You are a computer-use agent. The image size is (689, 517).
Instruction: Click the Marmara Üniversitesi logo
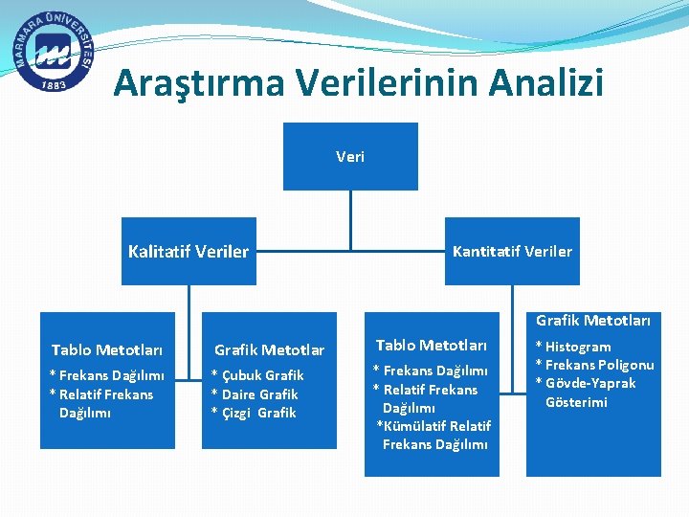click(x=55, y=54)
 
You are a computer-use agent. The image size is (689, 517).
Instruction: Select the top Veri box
click(x=350, y=156)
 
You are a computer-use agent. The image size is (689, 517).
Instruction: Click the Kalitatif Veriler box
click(x=189, y=252)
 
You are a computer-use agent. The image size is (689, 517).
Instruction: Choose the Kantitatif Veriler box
click(x=512, y=251)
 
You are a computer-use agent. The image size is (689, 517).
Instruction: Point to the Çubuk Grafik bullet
click(x=258, y=375)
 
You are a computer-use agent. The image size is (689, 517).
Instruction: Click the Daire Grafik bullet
click(x=256, y=394)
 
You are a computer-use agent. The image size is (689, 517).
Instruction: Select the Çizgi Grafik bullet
click(x=255, y=413)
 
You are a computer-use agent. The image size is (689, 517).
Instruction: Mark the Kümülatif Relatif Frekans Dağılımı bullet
click(x=434, y=435)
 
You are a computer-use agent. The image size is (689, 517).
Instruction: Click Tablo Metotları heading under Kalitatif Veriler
click(x=107, y=350)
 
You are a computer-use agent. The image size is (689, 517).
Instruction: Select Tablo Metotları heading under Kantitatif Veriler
click(x=432, y=345)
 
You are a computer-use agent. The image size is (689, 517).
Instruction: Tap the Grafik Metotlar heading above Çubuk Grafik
click(x=269, y=350)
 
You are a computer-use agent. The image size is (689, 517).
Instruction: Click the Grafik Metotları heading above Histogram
click(x=593, y=321)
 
